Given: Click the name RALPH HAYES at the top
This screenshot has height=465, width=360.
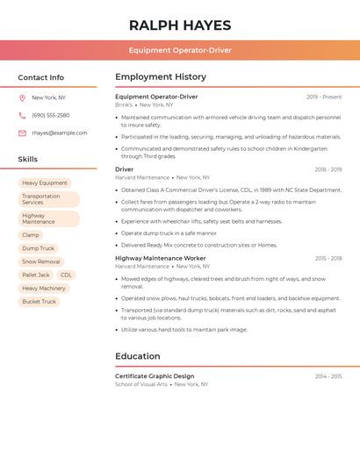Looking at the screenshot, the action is coord(180,25).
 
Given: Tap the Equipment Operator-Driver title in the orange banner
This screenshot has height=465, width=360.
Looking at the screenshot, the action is coord(180,50).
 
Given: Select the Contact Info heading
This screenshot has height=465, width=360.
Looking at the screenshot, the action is coord(41,77).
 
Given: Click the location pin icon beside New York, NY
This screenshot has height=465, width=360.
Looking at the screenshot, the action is coord(22,97).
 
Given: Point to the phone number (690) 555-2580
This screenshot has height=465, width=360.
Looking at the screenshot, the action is coord(51,115).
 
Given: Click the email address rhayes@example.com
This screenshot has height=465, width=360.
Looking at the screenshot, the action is coord(60,132).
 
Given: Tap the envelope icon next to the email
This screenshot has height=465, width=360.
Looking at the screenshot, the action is coord(22,133).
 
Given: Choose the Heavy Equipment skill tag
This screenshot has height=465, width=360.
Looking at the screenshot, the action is coord(45,183).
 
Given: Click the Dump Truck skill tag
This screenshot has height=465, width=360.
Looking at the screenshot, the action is coord(39,248).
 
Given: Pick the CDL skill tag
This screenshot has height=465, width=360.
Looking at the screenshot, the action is coord(67,275).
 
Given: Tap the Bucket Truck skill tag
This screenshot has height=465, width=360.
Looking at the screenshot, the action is coord(40,301).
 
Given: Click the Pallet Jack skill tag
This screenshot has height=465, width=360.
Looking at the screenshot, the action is coord(36,275).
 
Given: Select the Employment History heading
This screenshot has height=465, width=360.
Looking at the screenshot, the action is coord(161,77).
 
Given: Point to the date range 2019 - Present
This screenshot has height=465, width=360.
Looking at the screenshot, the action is coord(324,97).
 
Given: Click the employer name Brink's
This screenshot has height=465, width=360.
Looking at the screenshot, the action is coord(124,104).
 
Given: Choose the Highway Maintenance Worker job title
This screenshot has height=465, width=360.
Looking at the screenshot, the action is coord(161,259).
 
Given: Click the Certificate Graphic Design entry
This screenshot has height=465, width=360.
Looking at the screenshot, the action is coord(155,376).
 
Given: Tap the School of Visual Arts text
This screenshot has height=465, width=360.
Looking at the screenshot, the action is coord(141,384).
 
